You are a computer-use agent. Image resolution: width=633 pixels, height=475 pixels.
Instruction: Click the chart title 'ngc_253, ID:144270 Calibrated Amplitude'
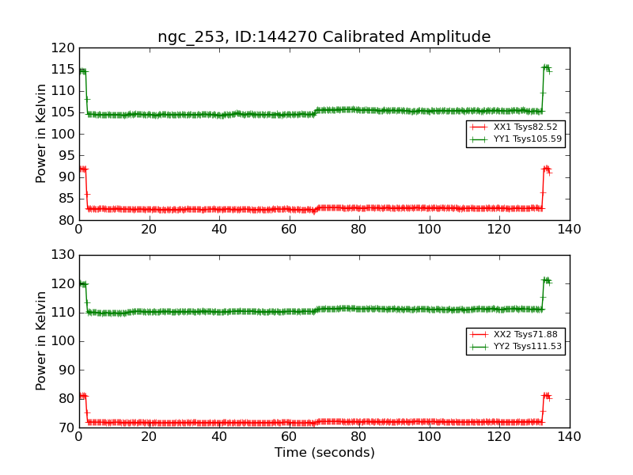(x=324, y=37)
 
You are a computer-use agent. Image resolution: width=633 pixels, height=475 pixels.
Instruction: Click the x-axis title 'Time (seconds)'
(x=324, y=453)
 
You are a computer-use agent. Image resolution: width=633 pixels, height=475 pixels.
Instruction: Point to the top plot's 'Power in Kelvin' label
(x=42, y=134)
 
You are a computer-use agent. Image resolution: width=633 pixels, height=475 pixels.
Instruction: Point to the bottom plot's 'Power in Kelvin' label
(x=42, y=340)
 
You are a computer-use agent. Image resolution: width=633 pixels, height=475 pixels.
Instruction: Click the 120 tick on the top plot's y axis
(x=64, y=48)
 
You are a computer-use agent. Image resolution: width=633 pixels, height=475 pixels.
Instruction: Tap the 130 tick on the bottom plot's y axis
(x=64, y=255)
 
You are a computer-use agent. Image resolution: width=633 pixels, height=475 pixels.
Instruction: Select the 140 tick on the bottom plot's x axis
(x=570, y=436)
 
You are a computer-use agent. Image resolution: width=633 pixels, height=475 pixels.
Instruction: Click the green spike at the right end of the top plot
(x=546, y=68)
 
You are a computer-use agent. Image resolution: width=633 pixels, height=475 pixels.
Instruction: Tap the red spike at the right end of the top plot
(x=546, y=169)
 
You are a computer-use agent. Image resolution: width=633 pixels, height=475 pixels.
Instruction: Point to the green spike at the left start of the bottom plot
(x=82, y=283)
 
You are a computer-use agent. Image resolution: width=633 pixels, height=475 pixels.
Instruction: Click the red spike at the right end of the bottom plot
(x=546, y=395)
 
